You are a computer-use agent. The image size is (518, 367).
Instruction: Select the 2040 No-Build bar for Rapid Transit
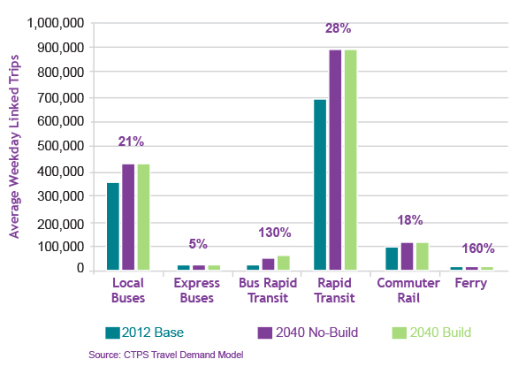click(335, 159)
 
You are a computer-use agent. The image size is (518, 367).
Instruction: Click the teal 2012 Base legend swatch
click(111, 333)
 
